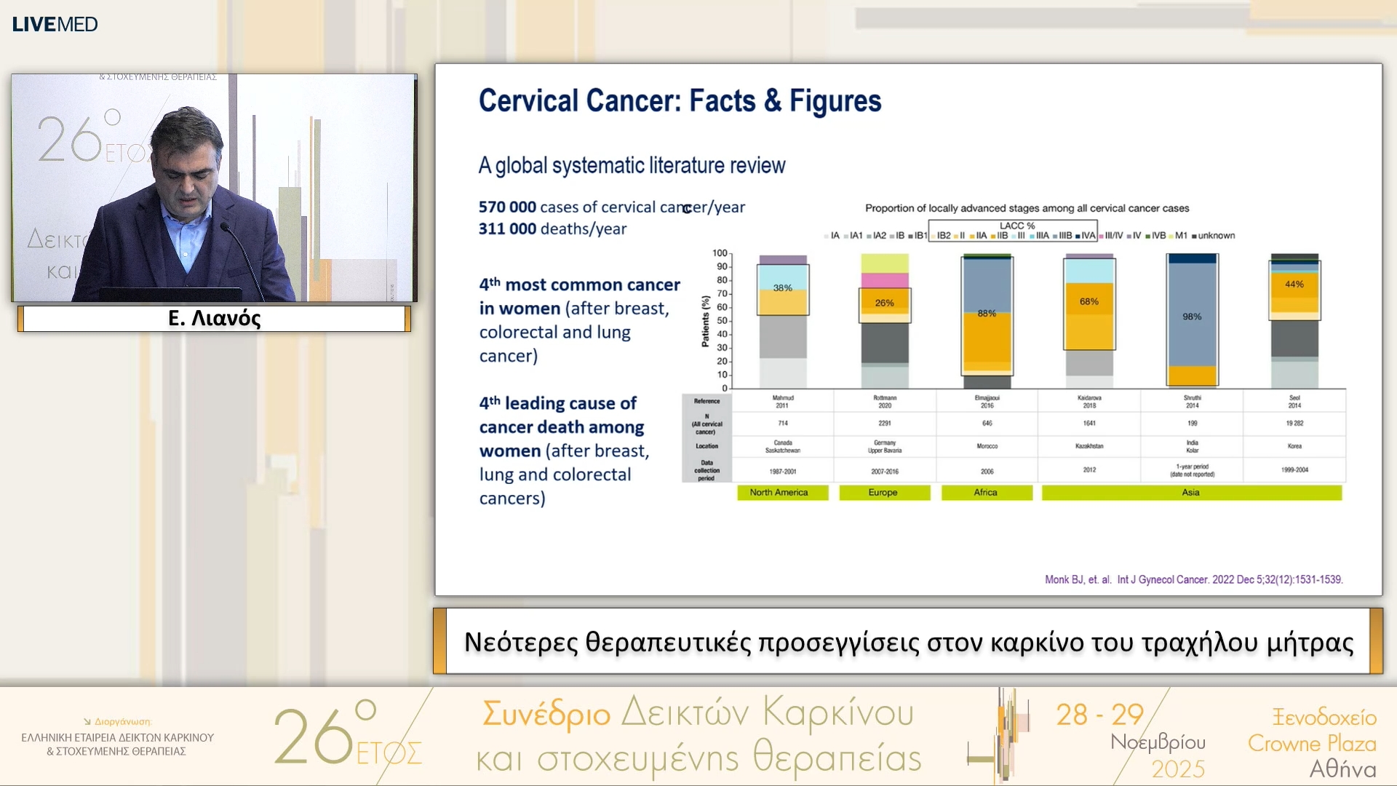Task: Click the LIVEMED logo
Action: click(55, 24)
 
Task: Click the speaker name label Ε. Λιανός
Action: click(214, 318)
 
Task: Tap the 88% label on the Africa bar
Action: click(987, 314)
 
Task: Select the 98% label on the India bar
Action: click(1192, 317)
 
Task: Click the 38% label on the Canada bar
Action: click(782, 288)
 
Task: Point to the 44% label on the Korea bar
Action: click(1294, 285)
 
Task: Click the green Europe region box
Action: click(884, 493)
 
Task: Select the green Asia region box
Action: click(1191, 493)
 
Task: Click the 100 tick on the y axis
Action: click(720, 253)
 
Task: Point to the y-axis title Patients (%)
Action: click(705, 321)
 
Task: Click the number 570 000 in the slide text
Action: click(507, 207)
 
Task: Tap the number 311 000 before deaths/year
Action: click(507, 229)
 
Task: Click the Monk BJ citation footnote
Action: click(1193, 580)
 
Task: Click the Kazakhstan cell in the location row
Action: click(1089, 446)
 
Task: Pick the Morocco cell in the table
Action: click(987, 446)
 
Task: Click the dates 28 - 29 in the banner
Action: click(1099, 715)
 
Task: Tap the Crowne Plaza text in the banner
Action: click(1312, 743)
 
